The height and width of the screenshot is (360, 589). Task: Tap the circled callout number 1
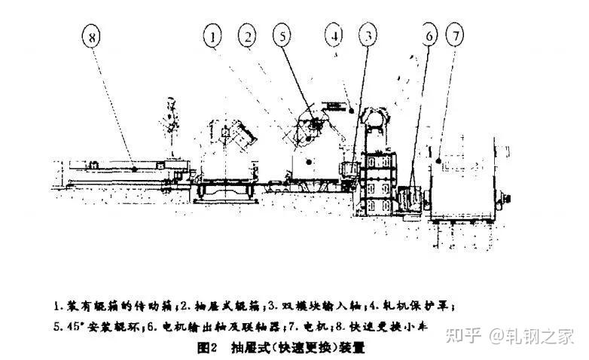(215, 35)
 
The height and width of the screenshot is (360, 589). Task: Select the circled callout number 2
(246, 35)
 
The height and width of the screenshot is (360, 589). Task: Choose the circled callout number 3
(368, 35)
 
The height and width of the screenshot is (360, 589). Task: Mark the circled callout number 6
(428, 36)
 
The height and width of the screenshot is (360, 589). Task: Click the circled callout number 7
(456, 35)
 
